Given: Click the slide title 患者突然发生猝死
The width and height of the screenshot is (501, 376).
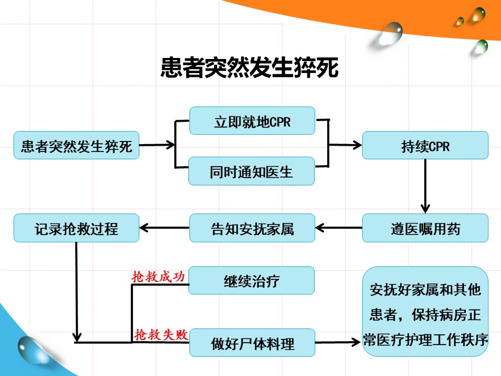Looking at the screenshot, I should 249,68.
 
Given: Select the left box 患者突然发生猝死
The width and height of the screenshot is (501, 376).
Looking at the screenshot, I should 76,145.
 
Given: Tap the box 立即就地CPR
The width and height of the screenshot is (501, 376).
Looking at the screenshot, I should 252,121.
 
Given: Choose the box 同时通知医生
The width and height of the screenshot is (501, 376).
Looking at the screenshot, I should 252,171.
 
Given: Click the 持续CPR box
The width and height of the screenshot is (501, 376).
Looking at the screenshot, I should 425,145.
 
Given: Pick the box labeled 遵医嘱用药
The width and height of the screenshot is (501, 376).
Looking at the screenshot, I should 425,228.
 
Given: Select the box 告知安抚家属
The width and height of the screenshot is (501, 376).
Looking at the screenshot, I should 252,228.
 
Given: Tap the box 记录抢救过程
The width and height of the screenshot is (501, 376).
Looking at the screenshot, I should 76,228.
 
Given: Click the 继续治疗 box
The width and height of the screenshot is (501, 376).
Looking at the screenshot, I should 252,280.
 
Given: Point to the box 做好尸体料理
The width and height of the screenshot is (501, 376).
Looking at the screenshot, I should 252,343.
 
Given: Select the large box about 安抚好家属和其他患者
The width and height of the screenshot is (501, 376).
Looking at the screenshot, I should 425,312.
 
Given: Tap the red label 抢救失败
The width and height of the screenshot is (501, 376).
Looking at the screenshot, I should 160,335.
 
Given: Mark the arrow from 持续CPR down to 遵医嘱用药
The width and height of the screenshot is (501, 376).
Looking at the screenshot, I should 425,185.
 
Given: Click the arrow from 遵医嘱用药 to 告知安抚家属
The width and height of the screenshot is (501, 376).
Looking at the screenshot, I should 339,228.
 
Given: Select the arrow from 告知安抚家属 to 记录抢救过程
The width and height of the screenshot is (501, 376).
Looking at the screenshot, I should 164,228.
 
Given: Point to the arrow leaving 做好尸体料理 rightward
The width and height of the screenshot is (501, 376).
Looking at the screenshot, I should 339,343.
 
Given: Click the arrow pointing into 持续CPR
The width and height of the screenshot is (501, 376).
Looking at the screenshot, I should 345,145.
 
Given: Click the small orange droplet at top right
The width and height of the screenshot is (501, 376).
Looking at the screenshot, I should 460,21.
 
